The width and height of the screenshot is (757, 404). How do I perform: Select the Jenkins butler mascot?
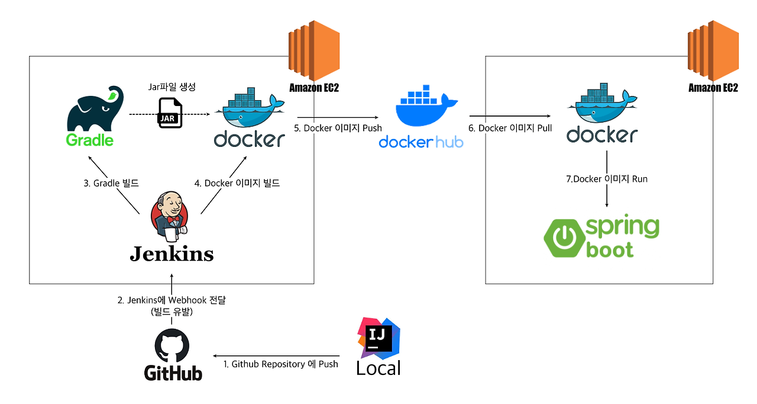coord(170,216)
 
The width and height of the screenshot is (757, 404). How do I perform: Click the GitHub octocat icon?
coord(172,346)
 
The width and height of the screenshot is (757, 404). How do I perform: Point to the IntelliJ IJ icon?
coord(378,337)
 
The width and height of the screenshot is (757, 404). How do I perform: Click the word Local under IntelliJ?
coord(378,368)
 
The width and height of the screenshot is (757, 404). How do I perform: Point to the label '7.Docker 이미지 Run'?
coord(607,179)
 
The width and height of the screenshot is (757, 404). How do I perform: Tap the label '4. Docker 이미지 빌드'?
coord(237,183)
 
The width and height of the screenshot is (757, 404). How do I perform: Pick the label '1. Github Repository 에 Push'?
coord(280,364)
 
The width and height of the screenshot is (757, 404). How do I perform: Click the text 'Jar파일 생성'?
coord(172,86)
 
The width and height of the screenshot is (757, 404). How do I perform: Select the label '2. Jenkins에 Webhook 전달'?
coord(172,300)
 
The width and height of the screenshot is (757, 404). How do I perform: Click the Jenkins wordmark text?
coord(172,254)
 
